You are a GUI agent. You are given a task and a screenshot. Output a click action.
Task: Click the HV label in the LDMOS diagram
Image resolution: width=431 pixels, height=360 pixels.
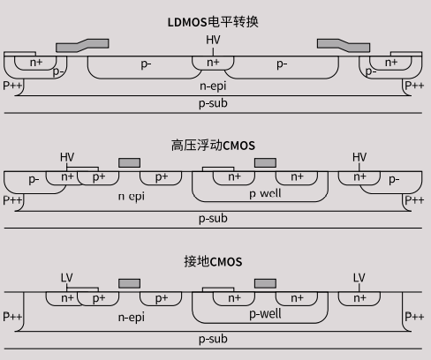coord(213,41)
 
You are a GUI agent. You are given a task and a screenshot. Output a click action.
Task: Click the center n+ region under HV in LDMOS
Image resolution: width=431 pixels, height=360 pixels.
coord(213,63)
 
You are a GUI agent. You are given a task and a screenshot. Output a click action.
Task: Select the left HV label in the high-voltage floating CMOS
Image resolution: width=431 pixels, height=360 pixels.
coord(67,157)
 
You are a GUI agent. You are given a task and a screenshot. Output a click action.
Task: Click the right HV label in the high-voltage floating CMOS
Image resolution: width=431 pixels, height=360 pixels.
coord(359,157)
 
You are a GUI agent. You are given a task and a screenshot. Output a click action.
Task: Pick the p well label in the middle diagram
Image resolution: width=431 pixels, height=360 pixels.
coord(265,193)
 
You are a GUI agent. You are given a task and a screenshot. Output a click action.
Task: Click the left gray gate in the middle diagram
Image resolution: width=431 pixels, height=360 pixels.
coord(129,163)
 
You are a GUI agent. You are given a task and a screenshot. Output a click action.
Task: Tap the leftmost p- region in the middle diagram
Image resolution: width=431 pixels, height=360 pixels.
coord(33,179)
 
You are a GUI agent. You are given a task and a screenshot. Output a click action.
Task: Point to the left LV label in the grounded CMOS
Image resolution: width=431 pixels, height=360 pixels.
coord(67,277)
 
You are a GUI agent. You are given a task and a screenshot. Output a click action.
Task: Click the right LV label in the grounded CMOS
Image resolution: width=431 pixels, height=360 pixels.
coord(359,277)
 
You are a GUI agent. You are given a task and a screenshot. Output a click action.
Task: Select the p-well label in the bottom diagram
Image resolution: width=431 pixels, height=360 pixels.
coord(265,313)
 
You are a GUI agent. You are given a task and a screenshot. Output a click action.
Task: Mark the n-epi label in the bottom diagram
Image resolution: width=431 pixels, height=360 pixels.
coord(131,316)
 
